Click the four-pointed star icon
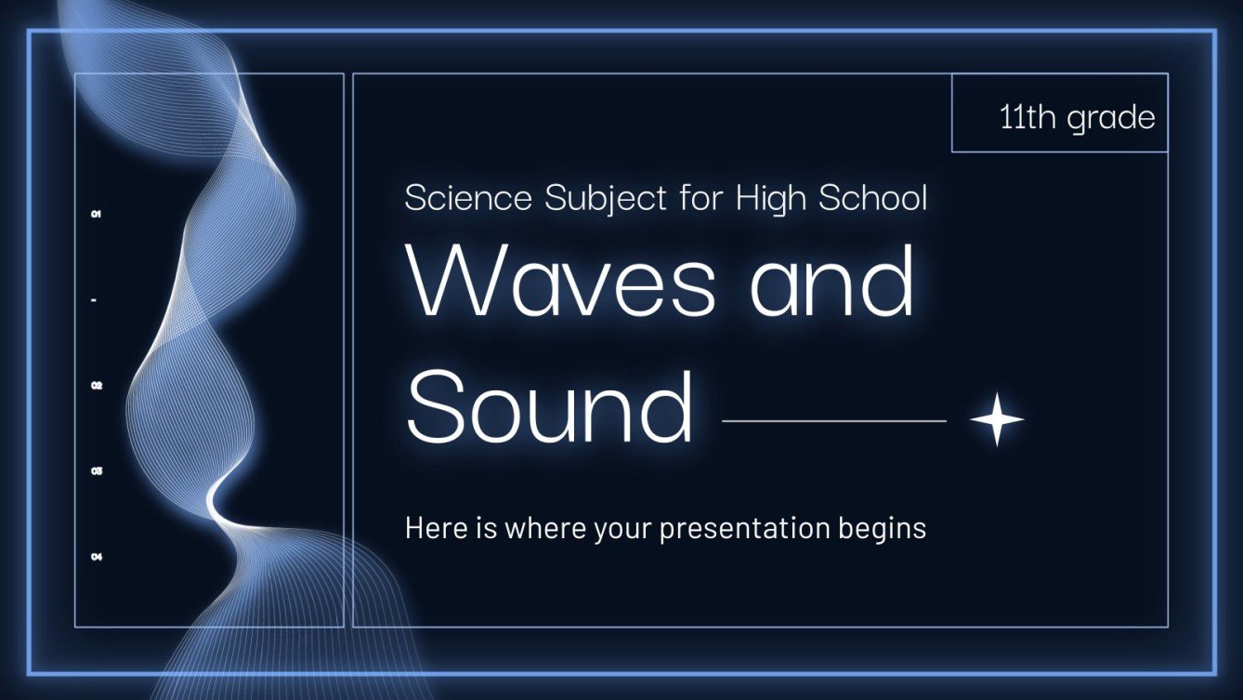click(x=997, y=420)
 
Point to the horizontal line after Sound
click(x=833, y=421)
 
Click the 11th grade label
click(x=1078, y=118)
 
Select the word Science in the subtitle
click(x=468, y=198)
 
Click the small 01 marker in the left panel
click(x=96, y=215)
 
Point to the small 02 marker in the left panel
click(x=96, y=385)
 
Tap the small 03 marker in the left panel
click(x=96, y=471)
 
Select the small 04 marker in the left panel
click(x=96, y=557)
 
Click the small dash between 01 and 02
click(x=96, y=300)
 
